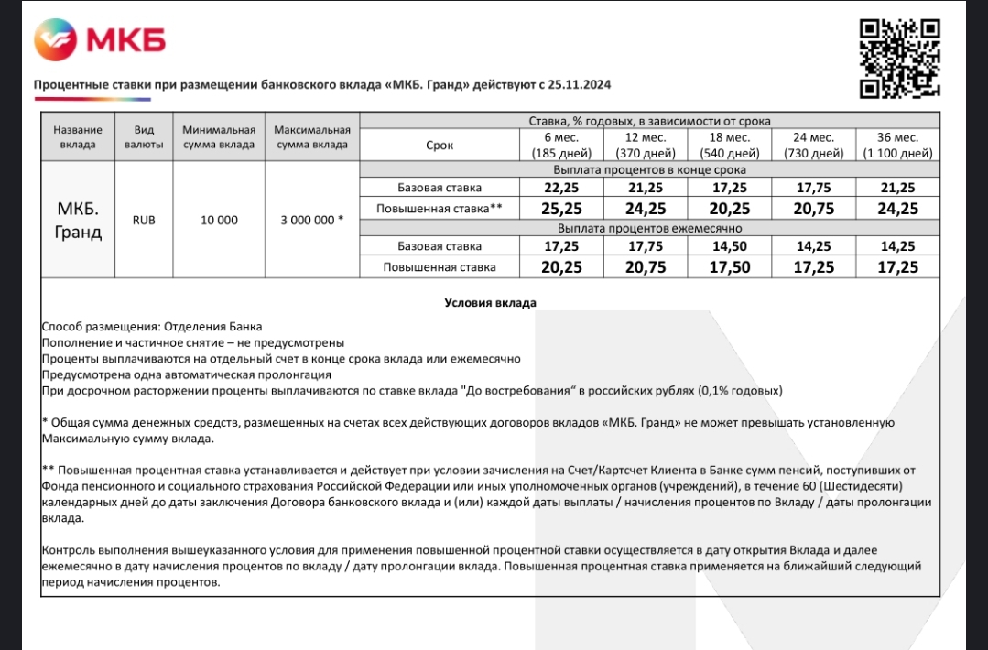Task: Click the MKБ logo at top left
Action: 100,40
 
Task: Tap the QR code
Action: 900,58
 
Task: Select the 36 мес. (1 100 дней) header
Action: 897,145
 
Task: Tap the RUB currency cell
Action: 144,220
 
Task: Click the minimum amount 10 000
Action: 219,220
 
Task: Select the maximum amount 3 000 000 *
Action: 312,220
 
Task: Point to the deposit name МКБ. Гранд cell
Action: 79,220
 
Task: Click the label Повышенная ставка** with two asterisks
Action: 440,209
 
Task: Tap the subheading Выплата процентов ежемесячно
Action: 649,228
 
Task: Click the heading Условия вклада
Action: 490,302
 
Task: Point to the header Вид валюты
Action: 144,137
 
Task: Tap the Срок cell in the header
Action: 440,145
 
